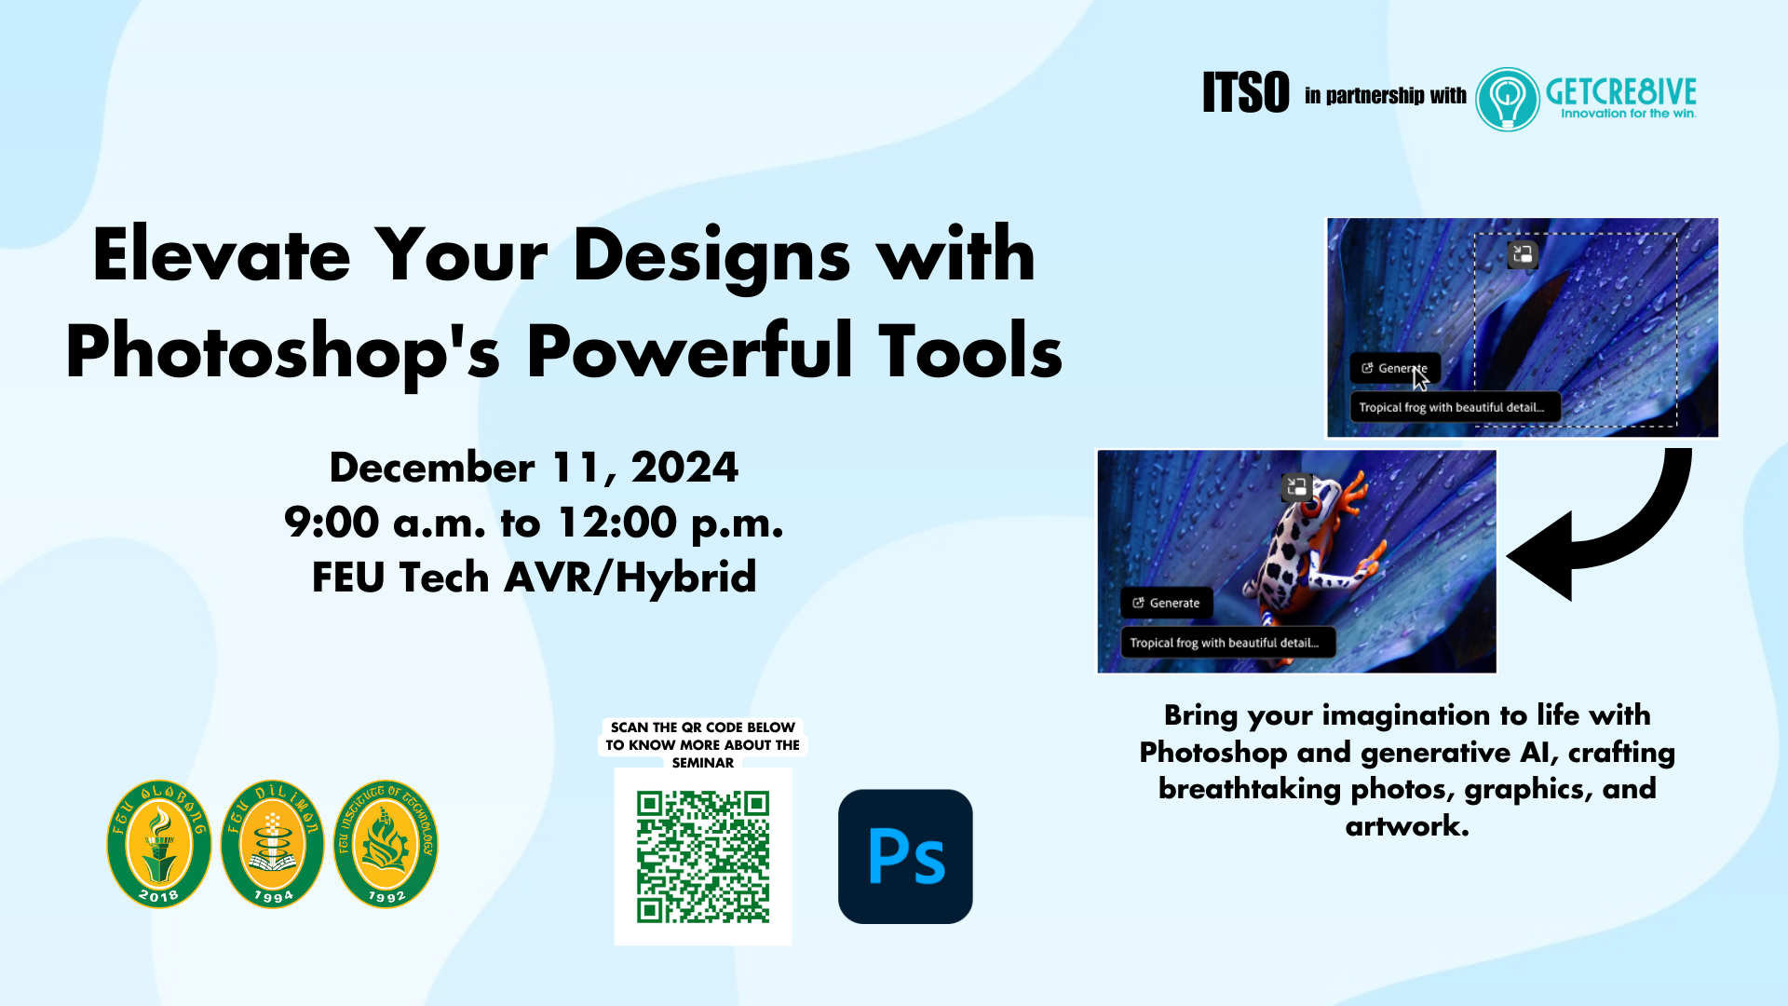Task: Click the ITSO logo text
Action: click(x=1245, y=92)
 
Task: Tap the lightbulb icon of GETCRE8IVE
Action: click(x=1508, y=99)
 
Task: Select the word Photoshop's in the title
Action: click(x=283, y=352)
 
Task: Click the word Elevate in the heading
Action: click(x=222, y=254)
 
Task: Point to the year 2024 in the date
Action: click(x=684, y=468)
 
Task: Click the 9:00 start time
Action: click(x=332, y=523)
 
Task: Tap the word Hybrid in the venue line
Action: click(x=686, y=578)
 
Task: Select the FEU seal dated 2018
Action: click(x=159, y=844)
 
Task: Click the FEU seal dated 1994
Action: click(x=273, y=844)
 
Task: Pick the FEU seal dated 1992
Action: click(x=386, y=844)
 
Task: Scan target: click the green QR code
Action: click(x=703, y=857)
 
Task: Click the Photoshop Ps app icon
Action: click(x=905, y=857)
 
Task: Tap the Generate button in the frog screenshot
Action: click(x=1166, y=603)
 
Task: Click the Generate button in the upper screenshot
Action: click(x=1395, y=368)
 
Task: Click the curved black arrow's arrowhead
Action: click(x=1538, y=556)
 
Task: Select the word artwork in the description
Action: click(x=1407, y=825)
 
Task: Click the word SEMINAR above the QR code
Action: click(x=703, y=763)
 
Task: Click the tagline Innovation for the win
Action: click(x=1629, y=114)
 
